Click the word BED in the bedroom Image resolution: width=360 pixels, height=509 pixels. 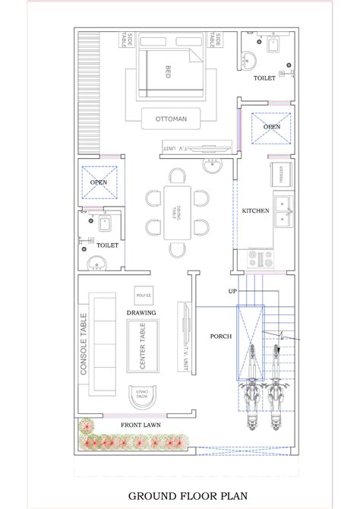point(169,71)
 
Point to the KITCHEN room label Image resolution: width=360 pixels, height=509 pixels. point(255,210)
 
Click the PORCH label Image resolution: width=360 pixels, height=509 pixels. point(222,336)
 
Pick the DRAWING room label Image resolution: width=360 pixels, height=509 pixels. point(141,311)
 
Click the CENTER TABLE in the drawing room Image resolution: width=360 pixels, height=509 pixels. point(142,346)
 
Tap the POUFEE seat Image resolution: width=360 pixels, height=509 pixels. point(142,294)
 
